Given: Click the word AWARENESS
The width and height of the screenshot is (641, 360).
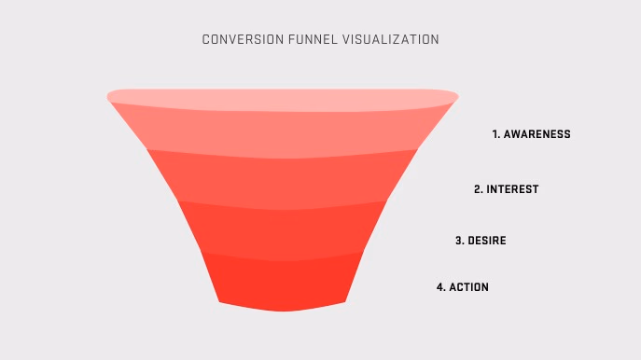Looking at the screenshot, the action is click(x=536, y=134).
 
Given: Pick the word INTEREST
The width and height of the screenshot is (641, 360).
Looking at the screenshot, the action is click(x=512, y=189).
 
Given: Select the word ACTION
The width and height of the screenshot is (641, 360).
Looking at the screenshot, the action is click(x=468, y=287).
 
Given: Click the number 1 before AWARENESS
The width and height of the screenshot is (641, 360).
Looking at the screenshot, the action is click(x=495, y=134).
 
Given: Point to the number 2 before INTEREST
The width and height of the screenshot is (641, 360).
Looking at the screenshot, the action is click(x=477, y=189).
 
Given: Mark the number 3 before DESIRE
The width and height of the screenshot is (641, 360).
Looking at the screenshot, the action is click(x=458, y=241).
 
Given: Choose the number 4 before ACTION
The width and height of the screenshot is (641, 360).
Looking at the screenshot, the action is click(x=439, y=287).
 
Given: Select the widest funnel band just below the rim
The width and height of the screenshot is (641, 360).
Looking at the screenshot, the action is click(x=283, y=131).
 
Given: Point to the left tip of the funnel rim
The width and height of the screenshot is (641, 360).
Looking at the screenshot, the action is click(x=110, y=95).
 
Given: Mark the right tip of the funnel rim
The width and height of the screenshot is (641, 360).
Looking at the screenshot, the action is click(x=455, y=95).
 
